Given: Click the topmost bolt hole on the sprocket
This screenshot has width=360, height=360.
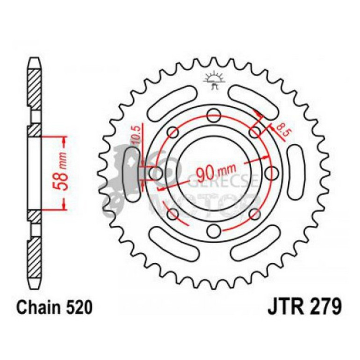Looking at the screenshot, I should [213, 114].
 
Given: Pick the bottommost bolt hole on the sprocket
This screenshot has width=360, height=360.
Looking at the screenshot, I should [213, 231].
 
